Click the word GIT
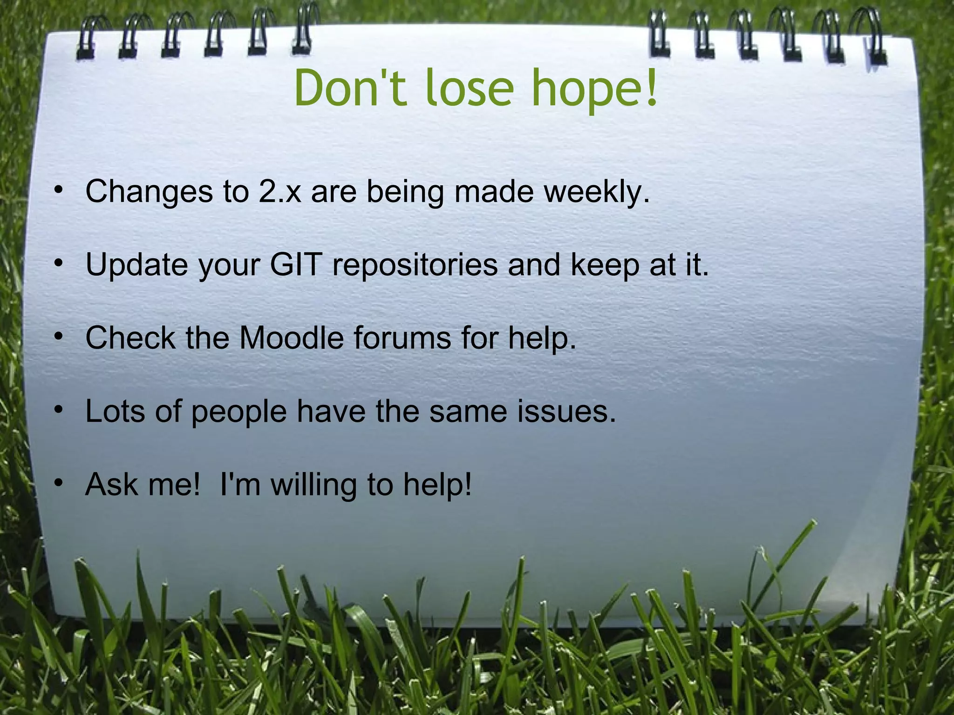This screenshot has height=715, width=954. pyautogui.click(x=296, y=264)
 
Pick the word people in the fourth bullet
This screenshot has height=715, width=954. pyautogui.click(x=239, y=412)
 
